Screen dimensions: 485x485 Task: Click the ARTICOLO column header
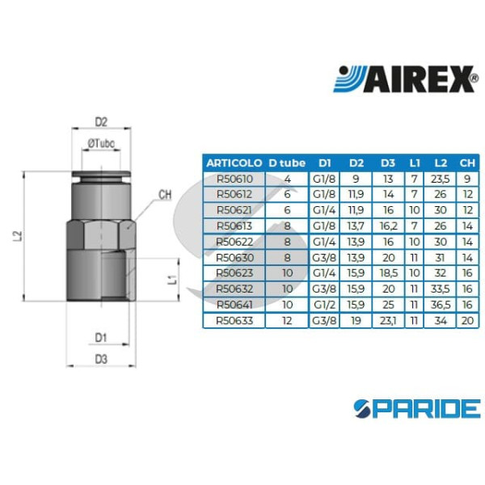(x=234, y=161)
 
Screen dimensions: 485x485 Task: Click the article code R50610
(x=234, y=179)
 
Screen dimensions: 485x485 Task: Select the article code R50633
(x=234, y=320)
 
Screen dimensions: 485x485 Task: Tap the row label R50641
(x=234, y=305)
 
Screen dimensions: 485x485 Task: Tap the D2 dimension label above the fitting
(x=101, y=122)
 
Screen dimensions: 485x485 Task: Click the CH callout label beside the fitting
(x=165, y=195)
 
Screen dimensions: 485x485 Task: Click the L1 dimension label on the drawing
(x=171, y=280)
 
